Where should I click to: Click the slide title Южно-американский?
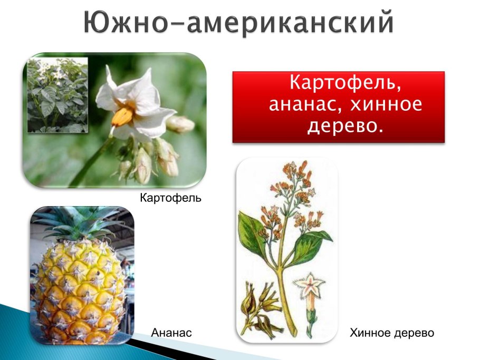click(238, 23)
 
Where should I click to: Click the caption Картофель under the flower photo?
click(170, 199)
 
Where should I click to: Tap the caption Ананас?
click(171, 333)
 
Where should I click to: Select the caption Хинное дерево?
click(392, 333)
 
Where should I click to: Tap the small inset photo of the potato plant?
click(57, 95)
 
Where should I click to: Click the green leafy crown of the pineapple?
click(79, 221)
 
